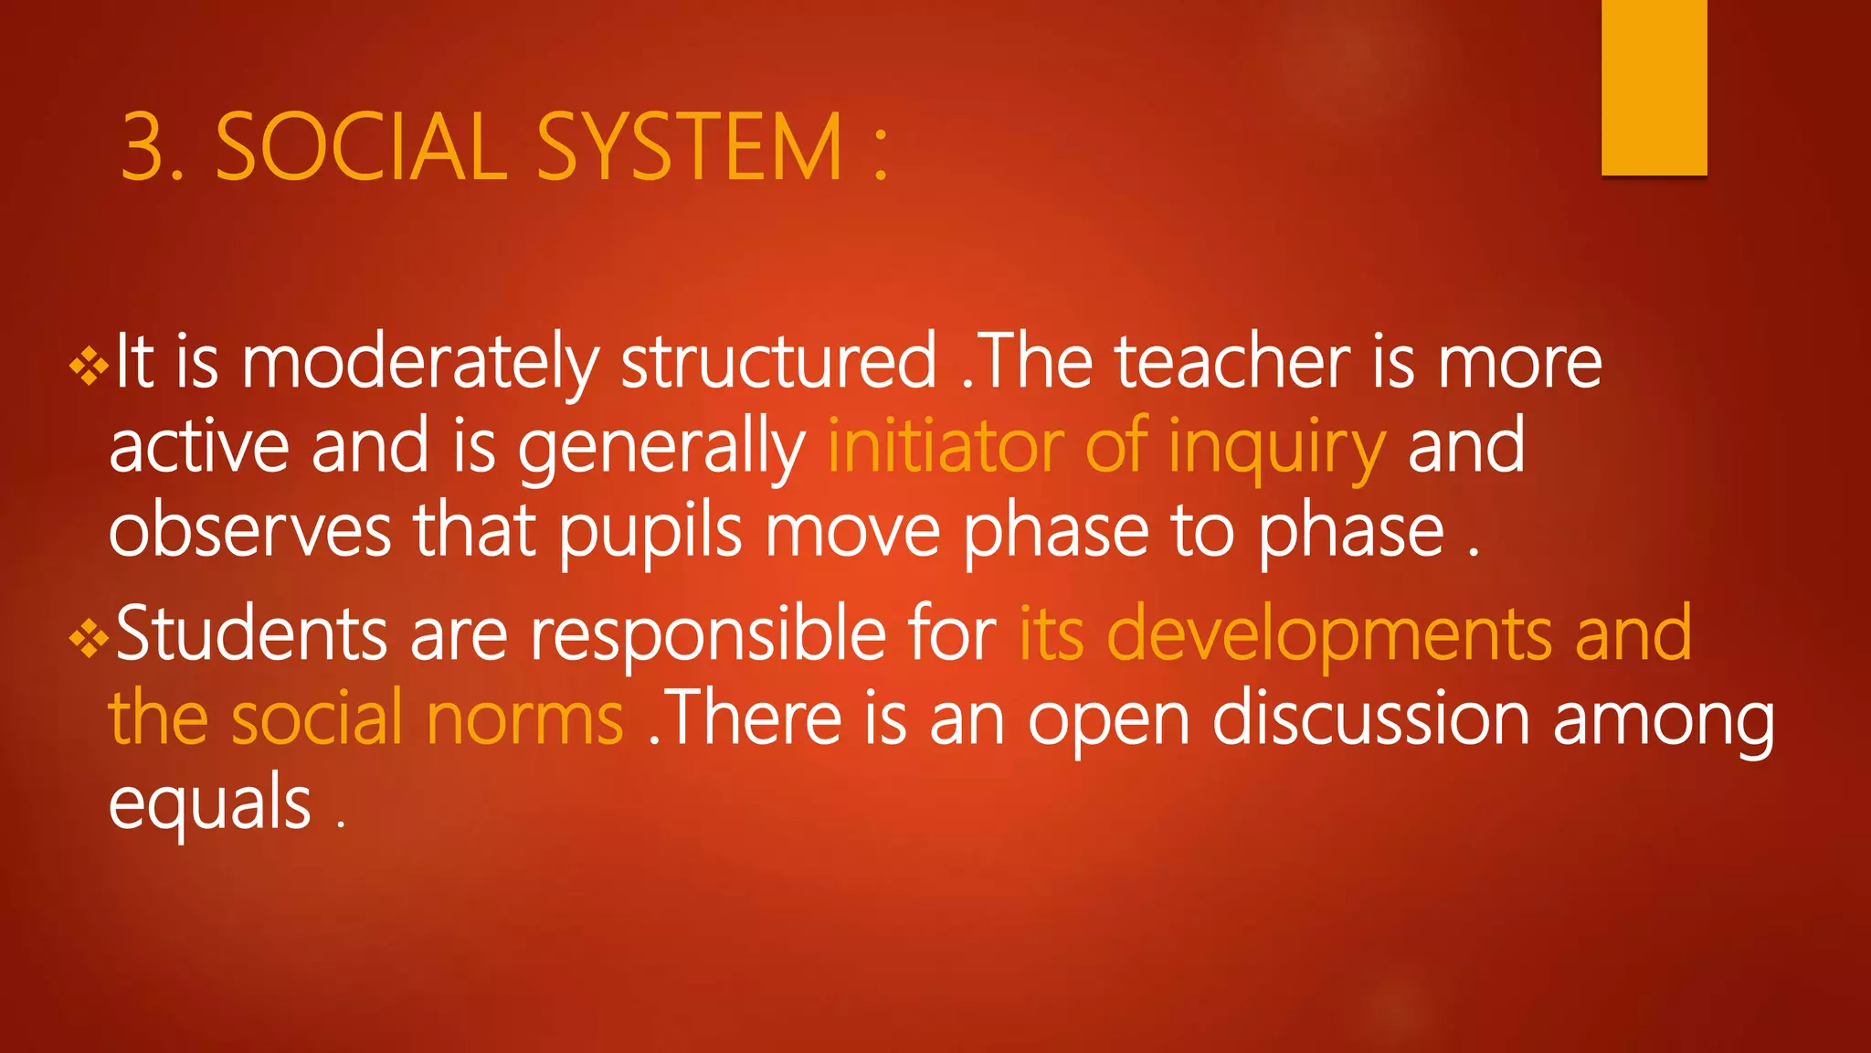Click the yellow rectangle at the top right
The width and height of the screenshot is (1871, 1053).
point(1654,87)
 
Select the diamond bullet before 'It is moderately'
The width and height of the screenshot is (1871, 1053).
point(89,367)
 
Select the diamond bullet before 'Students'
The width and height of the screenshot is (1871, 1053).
point(89,639)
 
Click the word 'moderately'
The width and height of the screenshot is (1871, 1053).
point(419,364)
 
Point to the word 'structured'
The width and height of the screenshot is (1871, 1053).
point(778,362)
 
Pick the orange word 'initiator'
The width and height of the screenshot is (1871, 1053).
point(945,446)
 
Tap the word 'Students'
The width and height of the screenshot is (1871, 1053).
point(251,633)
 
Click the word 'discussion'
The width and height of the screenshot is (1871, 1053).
point(1370,719)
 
